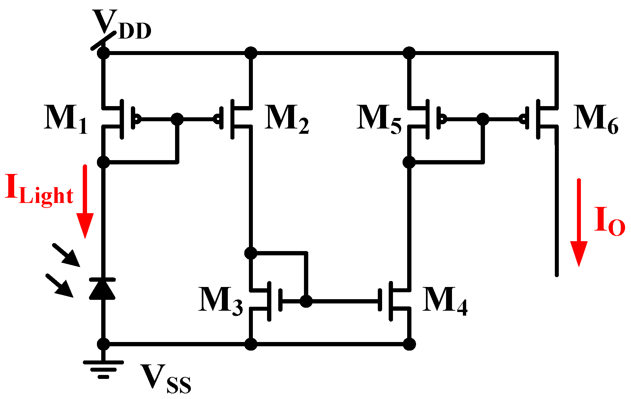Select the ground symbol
point(103,368)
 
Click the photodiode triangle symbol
point(103,289)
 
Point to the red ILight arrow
point(85,201)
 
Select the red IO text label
point(609,221)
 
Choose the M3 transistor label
point(220,300)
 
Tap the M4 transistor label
point(444,300)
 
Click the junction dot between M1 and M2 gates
point(177,119)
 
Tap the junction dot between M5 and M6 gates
point(483,119)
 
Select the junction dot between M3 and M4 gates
point(306,301)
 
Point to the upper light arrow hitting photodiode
point(67,255)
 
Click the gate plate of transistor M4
point(380,300)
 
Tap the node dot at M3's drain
point(251,253)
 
